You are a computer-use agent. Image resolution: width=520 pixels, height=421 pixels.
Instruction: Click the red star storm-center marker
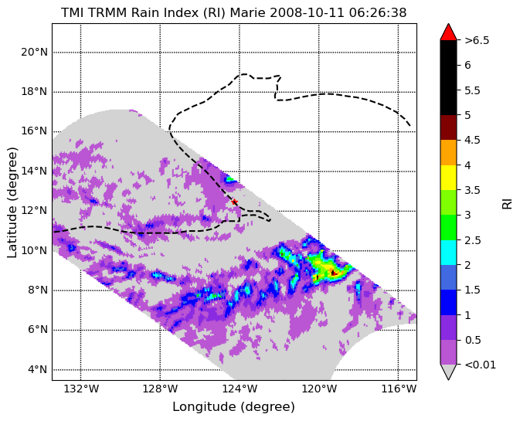pos(234,202)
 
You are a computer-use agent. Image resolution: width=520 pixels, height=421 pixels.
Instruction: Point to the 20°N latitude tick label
pos(34,53)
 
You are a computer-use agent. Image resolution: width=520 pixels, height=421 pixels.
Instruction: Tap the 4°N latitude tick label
pos(39,369)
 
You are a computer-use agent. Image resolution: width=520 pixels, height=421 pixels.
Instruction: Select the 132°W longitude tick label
pos(81,389)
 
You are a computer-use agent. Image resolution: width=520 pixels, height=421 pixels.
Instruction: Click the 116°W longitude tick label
pos(398,389)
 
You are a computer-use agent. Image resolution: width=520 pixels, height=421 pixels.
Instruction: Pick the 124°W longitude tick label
pos(240,389)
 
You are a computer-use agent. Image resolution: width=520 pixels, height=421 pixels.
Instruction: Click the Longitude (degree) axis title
pos(233,407)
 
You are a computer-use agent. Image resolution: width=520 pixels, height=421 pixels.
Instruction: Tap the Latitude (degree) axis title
pos(12,202)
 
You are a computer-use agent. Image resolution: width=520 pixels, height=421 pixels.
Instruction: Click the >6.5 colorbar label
pos(477,40)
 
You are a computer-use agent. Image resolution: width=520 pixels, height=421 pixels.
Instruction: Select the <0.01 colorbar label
pos(480,365)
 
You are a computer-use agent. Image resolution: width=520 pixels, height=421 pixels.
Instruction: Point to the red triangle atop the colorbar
pos(448,32)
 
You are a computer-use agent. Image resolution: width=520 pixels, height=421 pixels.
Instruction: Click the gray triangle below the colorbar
pos(448,372)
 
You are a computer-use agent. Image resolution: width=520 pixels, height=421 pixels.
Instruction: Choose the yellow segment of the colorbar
pos(448,178)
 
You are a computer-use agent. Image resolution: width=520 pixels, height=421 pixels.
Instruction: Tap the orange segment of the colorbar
pos(448,152)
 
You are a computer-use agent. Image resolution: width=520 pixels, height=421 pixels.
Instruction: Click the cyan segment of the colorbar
pos(448,253)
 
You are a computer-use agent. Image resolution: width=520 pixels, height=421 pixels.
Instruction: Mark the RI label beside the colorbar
pos(508,202)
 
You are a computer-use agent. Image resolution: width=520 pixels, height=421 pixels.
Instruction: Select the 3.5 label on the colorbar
pos(472,190)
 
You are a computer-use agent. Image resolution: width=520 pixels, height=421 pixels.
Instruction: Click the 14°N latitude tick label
pos(34,171)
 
